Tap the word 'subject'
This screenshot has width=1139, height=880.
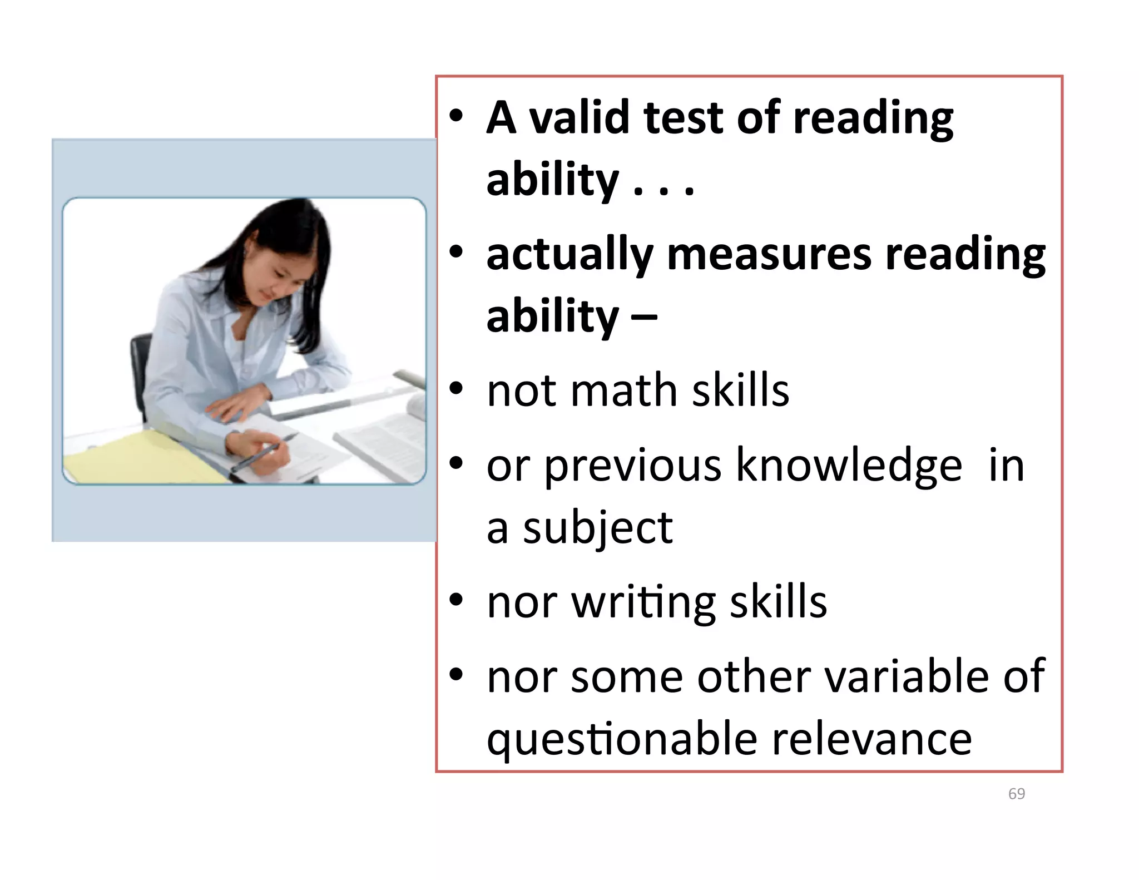(x=598, y=528)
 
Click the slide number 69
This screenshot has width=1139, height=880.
(x=1016, y=794)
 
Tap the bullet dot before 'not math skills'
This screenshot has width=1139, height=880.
(x=456, y=389)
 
